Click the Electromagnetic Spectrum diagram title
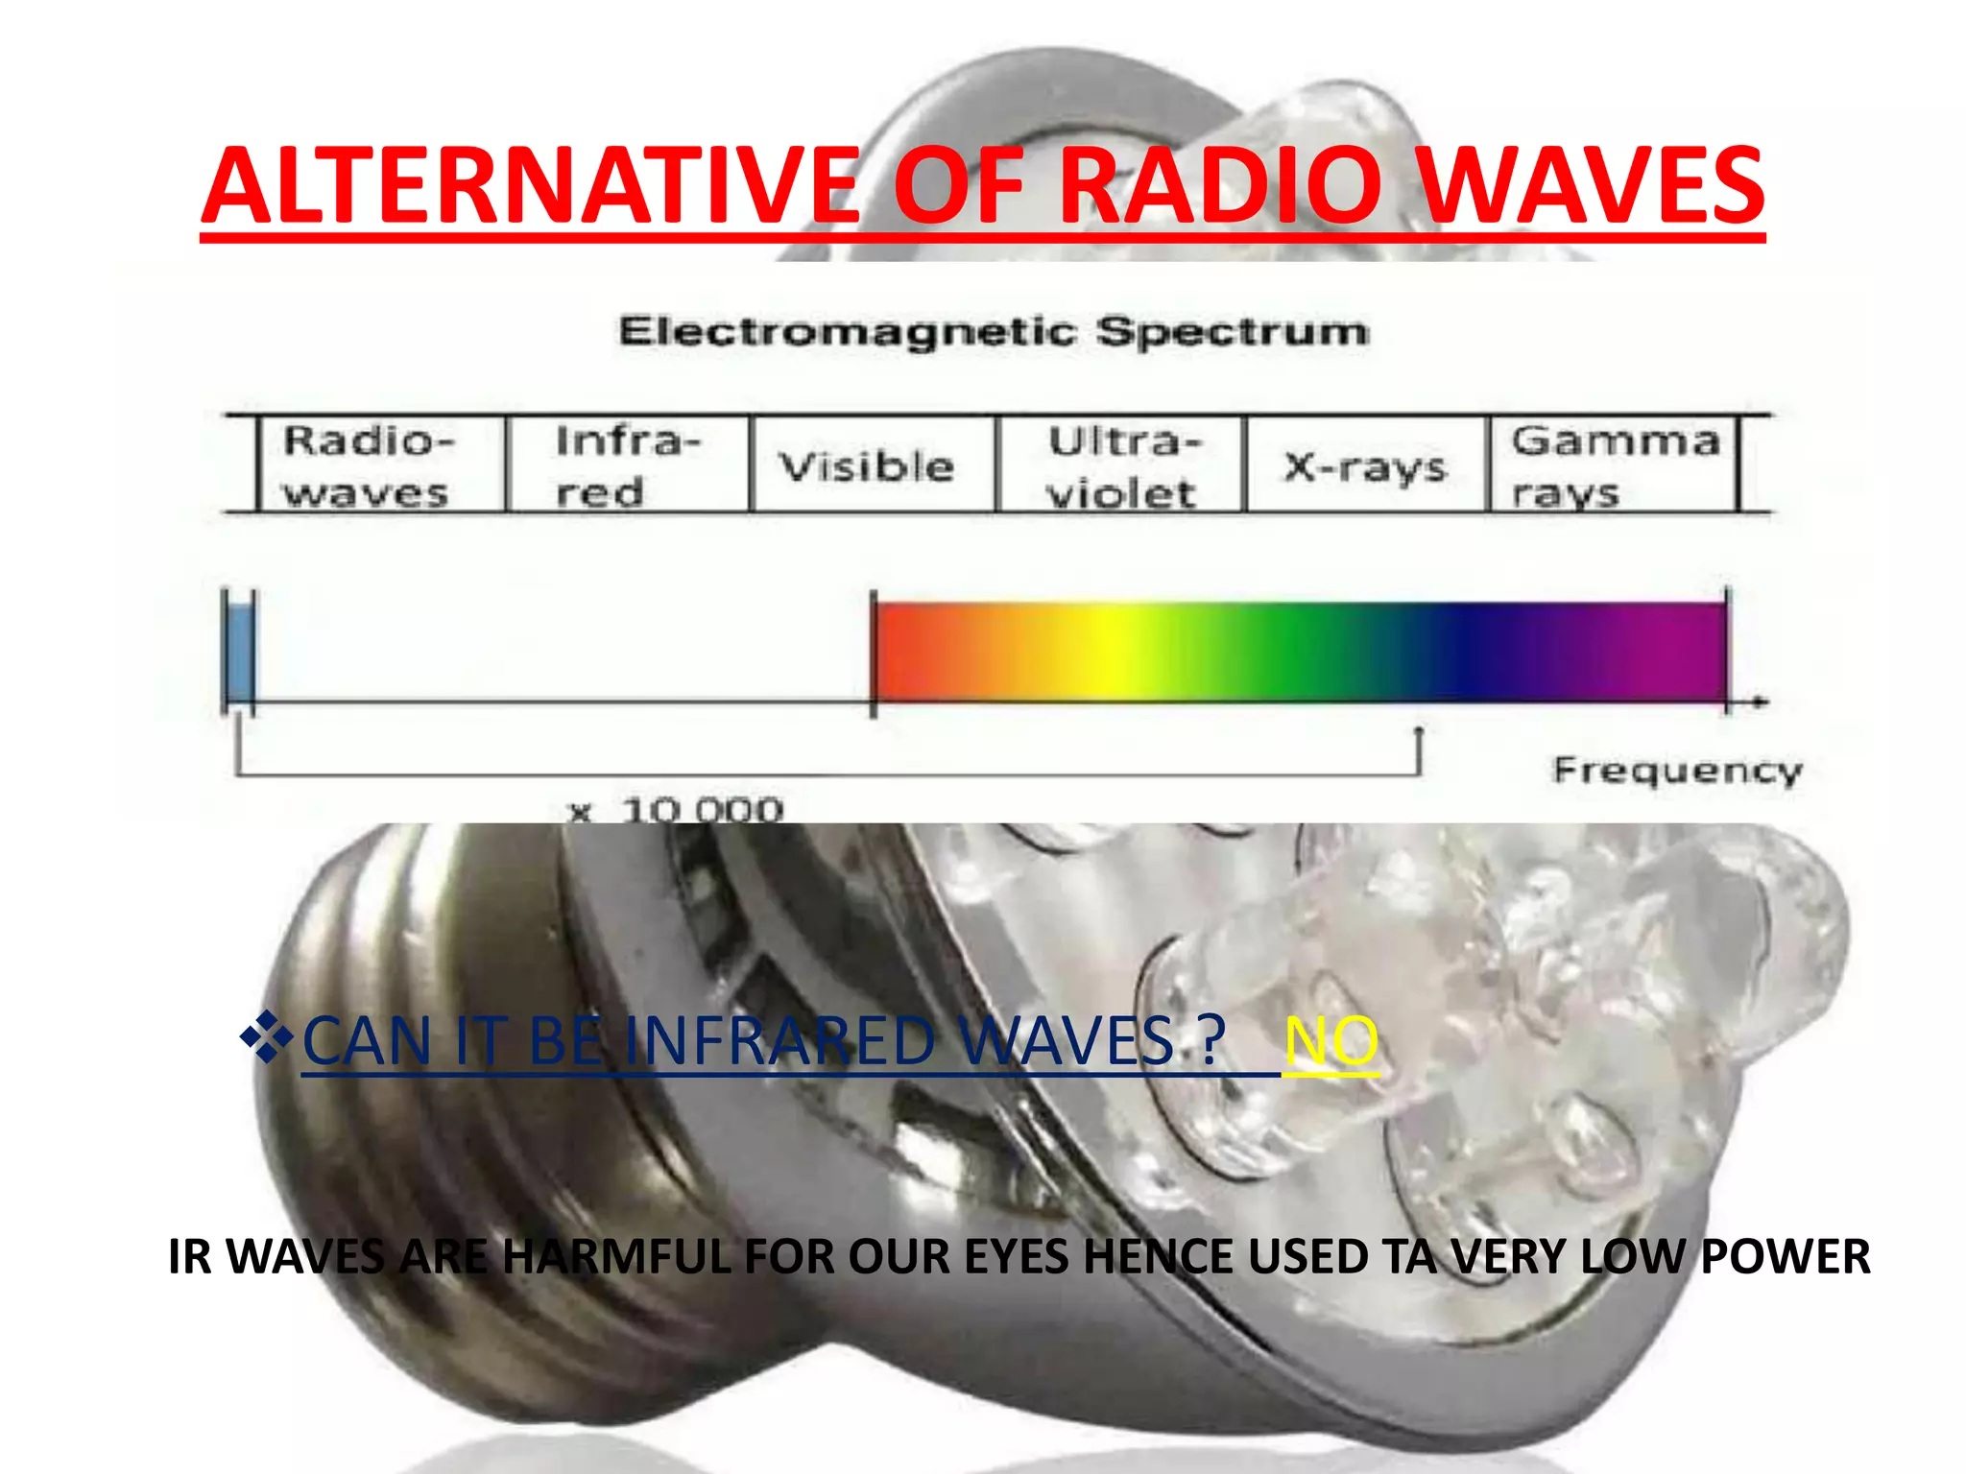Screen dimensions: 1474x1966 (x=994, y=332)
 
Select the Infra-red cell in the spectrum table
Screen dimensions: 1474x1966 (x=627, y=465)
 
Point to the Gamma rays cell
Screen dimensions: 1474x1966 (x=1614, y=465)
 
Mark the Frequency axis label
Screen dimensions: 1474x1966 (x=1677, y=770)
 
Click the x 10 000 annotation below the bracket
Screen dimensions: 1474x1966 (x=678, y=810)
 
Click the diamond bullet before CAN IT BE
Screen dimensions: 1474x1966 (x=266, y=1037)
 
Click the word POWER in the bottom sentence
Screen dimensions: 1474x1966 (x=1785, y=1256)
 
